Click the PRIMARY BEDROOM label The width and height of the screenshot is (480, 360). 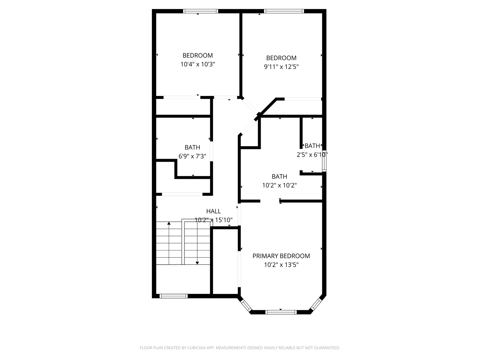[281, 256]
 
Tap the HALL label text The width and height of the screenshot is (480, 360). [213, 211]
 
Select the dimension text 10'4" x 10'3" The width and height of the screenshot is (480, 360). [198, 64]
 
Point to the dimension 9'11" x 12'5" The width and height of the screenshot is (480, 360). [281, 67]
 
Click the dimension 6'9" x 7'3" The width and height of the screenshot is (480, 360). [192, 156]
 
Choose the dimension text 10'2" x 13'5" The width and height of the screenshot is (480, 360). [281, 265]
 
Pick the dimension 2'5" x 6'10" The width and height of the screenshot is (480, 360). [312, 155]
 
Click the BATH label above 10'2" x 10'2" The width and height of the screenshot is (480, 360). [279, 176]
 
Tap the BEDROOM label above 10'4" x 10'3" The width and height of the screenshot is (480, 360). [198, 55]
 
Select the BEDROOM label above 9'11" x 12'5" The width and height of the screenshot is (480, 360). [281, 58]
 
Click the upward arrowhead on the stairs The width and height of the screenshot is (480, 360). [169, 223]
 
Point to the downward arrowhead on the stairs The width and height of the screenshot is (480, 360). [197, 263]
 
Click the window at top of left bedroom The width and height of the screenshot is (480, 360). [201, 11]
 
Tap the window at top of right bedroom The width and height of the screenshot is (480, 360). [284, 11]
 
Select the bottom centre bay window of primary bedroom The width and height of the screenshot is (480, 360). [281, 312]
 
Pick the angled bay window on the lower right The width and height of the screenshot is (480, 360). [316, 304]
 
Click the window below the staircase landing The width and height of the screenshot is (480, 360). [173, 296]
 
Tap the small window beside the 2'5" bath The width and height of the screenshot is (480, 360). [324, 161]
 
